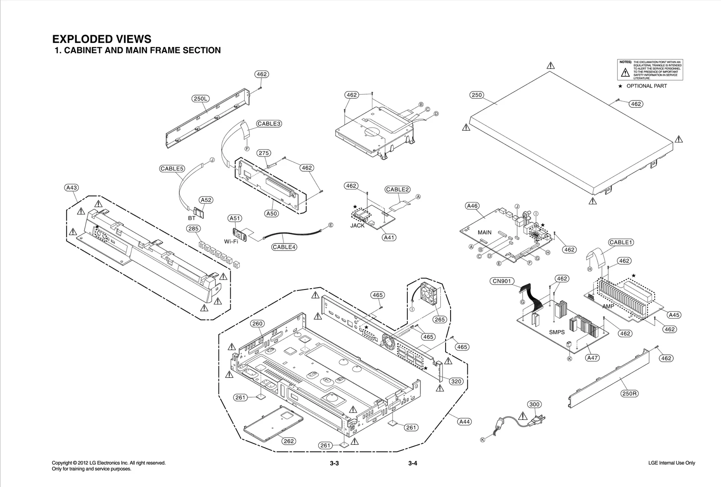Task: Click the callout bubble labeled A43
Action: pyautogui.click(x=72, y=188)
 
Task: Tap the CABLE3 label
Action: pyautogui.click(x=269, y=124)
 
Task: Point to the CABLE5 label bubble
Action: pyautogui.click(x=172, y=169)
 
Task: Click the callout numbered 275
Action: pyautogui.click(x=264, y=153)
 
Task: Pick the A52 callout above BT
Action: pyautogui.click(x=206, y=200)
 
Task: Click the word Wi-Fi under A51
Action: pyautogui.click(x=231, y=241)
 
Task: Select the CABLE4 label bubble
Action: pyautogui.click(x=284, y=247)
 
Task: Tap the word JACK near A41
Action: pyautogui.click(x=357, y=225)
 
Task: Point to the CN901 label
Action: pyautogui.click(x=502, y=281)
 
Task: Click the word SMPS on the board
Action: pyautogui.click(x=557, y=332)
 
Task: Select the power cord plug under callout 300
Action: pyautogui.click(x=537, y=420)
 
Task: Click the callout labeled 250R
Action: pyautogui.click(x=629, y=393)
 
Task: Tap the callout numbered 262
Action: pyautogui.click(x=289, y=441)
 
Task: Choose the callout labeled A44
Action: pyautogui.click(x=464, y=422)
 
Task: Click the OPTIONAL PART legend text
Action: pyautogui.click(x=646, y=86)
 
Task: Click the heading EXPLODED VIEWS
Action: pyautogui.click(x=102, y=39)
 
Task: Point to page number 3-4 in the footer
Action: pyautogui.click(x=413, y=464)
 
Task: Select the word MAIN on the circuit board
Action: pyautogui.click(x=484, y=232)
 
